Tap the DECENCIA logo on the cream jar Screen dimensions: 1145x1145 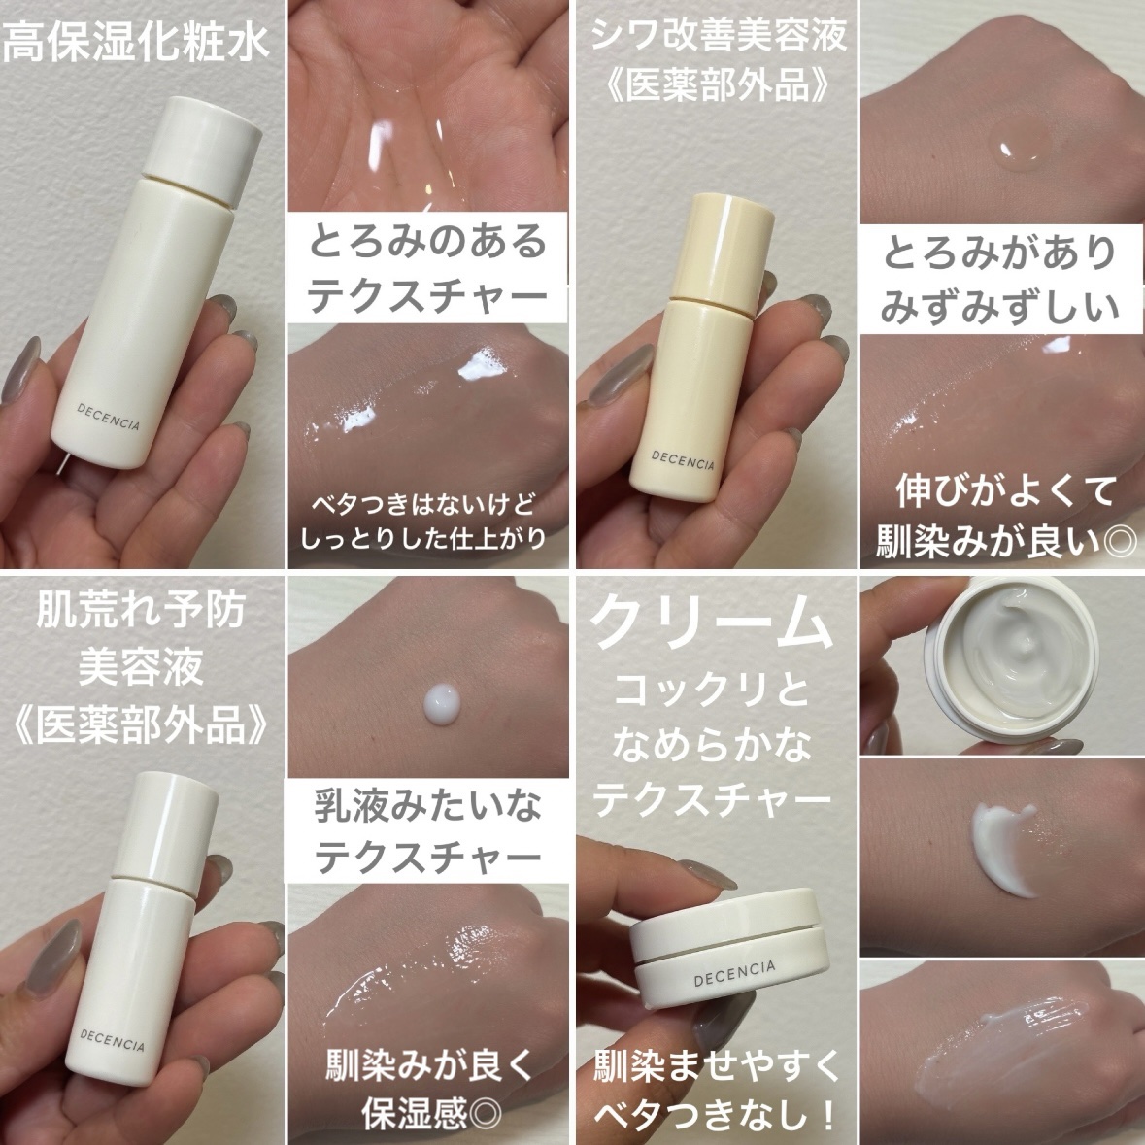(734, 972)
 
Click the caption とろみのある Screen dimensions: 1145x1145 (427, 242)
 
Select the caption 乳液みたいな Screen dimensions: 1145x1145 (427, 806)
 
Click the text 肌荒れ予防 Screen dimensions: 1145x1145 (141, 611)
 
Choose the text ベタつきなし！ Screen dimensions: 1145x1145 (717, 1111)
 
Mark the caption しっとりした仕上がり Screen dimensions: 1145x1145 (424, 538)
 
